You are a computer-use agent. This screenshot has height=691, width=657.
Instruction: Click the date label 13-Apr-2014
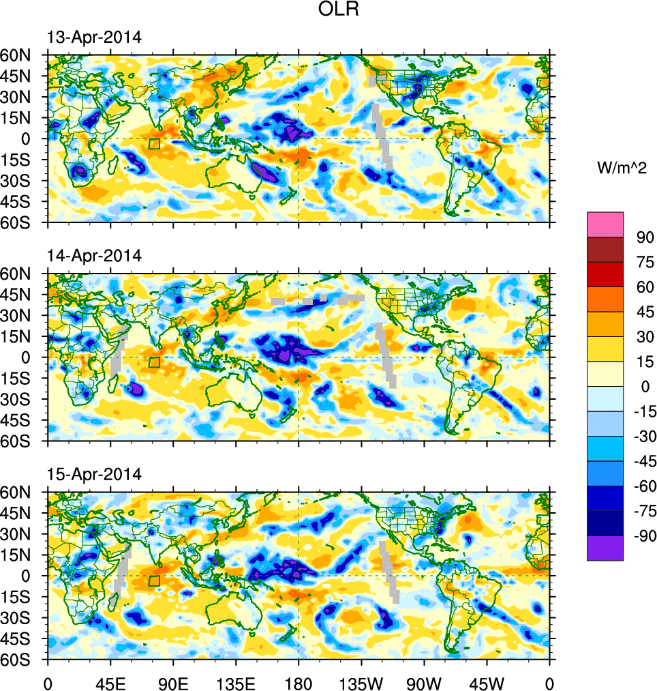94,38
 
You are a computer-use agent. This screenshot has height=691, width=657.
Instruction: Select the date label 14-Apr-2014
94,256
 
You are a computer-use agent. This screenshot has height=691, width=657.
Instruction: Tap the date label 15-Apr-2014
94,474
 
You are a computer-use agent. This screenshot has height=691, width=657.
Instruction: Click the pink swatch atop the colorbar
605,224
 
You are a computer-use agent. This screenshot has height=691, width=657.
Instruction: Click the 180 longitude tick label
299,682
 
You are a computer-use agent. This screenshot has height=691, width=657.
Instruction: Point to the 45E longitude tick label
110,682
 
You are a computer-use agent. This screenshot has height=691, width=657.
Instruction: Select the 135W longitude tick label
361,682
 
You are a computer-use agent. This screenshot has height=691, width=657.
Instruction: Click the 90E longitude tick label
173,682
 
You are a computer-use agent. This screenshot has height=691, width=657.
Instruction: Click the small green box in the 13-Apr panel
154,144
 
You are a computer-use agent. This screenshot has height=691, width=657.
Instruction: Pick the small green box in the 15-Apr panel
154,580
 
